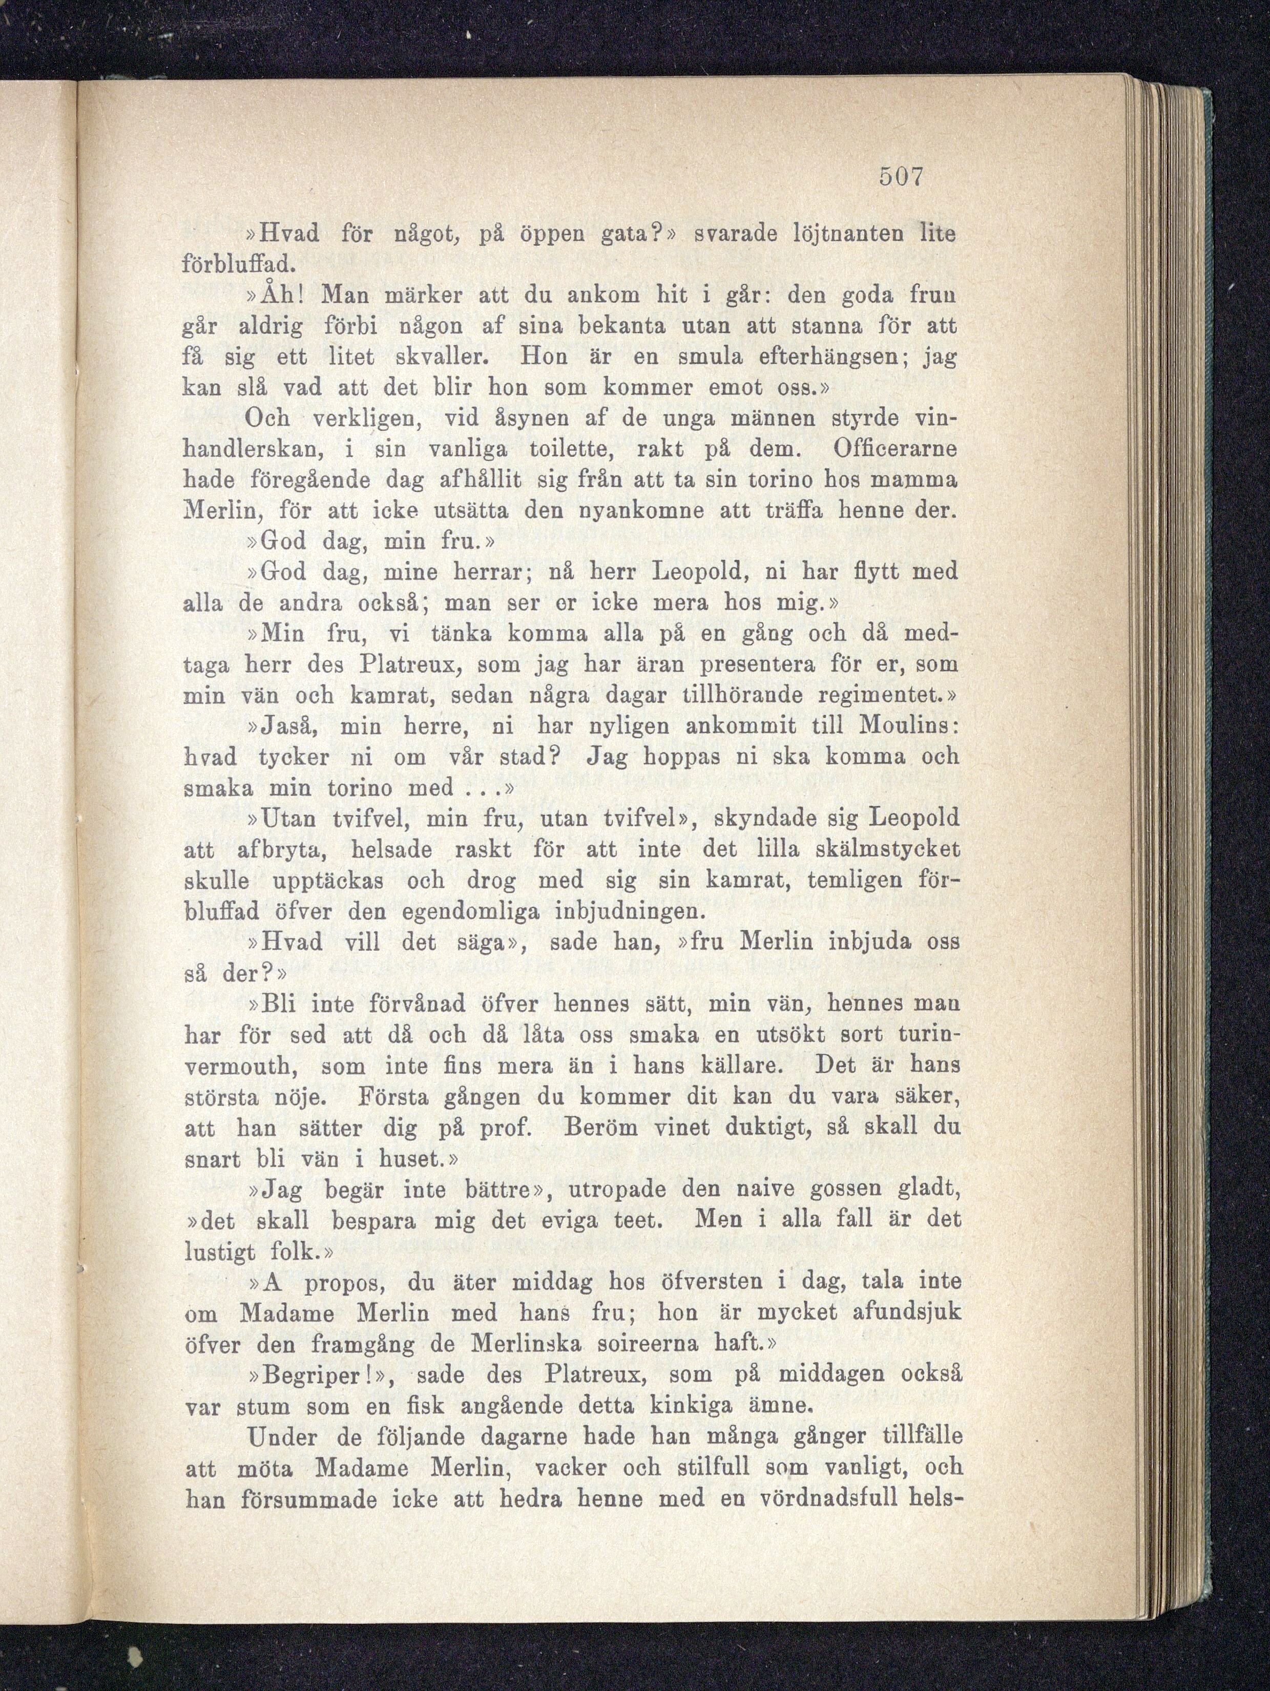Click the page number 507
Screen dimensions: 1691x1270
point(902,177)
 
